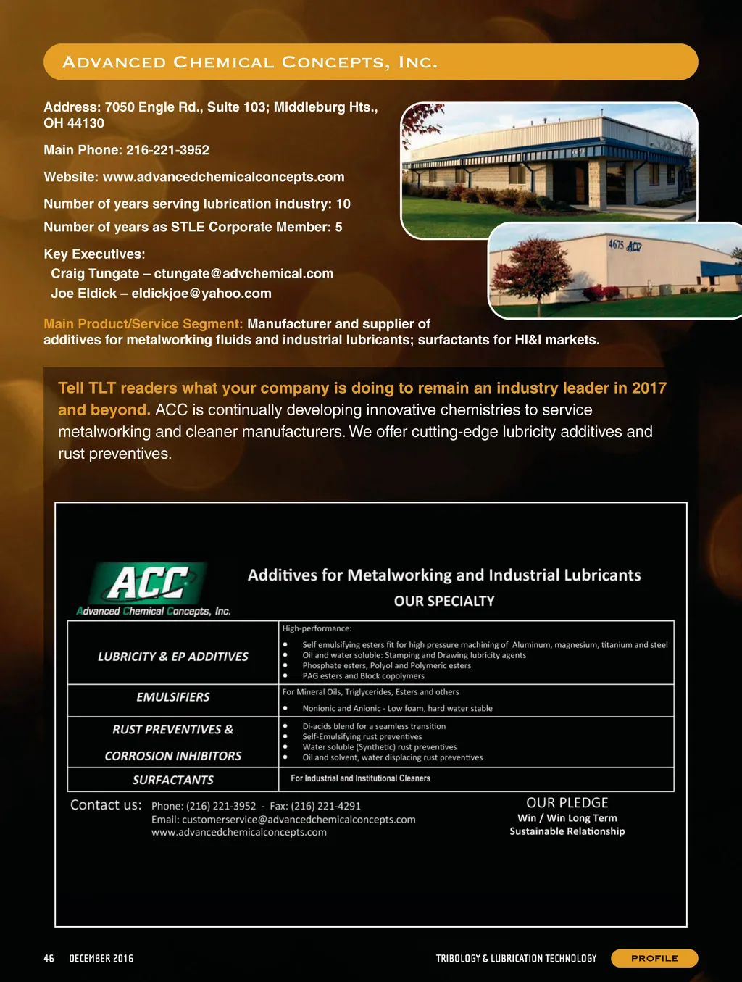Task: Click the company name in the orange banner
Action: point(250,62)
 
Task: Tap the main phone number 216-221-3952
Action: point(167,150)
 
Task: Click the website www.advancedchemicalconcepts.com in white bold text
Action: point(223,177)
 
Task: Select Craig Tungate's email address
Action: point(243,274)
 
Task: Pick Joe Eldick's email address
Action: point(201,294)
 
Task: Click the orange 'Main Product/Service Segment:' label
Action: point(143,324)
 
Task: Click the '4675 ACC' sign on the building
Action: point(624,246)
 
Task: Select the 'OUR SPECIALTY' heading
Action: point(444,601)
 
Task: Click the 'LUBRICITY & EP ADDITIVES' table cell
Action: point(173,657)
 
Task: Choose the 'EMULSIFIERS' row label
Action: point(173,697)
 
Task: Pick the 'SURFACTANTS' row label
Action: point(173,780)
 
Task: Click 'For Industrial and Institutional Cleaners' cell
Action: point(360,778)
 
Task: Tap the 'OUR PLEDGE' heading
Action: point(567,803)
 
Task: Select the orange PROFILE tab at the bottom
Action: point(654,958)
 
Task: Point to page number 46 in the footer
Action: point(49,958)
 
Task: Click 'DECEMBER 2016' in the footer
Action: point(101,958)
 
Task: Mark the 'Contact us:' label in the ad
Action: point(106,805)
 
